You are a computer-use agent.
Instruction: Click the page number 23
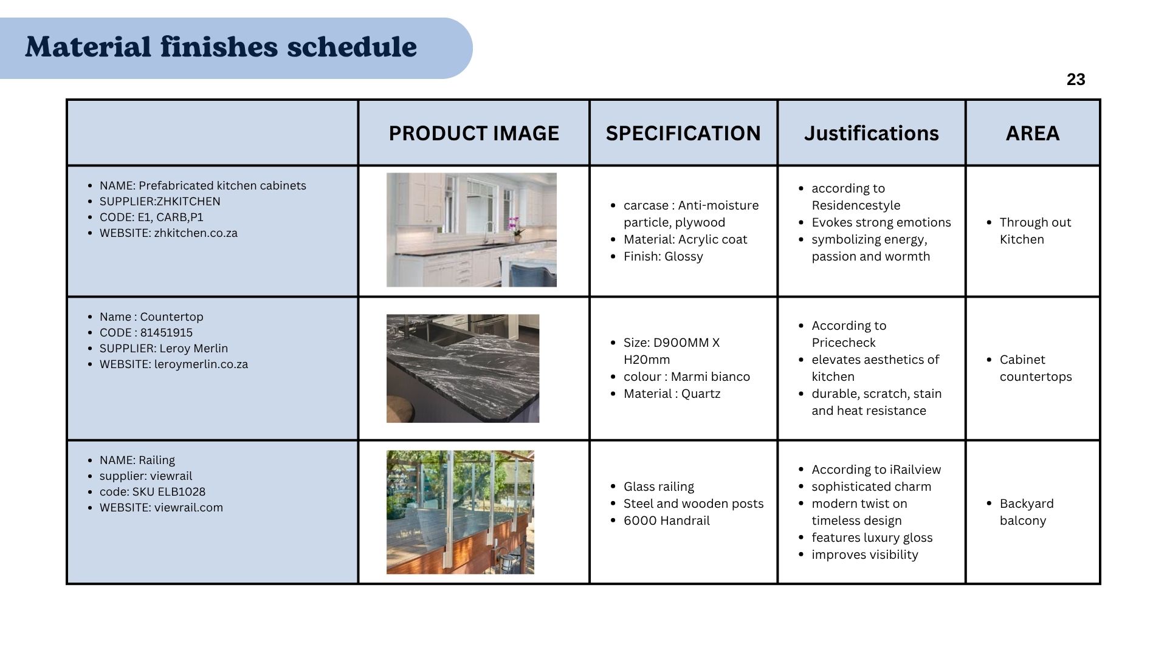click(1075, 80)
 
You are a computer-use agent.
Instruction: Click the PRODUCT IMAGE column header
click(474, 133)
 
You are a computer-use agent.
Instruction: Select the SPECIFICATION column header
click(683, 133)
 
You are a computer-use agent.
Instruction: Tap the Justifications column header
click(871, 133)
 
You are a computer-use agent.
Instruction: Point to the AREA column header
click(1033, 133)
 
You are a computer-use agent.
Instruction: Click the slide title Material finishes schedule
click(221, 47)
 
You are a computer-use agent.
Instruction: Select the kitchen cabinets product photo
click(472, 230)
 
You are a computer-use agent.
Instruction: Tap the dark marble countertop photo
click(463, 368)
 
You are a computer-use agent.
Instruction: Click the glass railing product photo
click(460, 512)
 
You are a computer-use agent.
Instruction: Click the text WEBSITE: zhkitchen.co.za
click(168, 233)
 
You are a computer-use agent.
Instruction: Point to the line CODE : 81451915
click(146, 333)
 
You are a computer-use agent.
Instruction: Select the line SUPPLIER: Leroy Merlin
click(164, 349)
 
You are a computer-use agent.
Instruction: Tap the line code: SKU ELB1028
click(153, 492)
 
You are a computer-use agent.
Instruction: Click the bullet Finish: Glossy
click(663, 256)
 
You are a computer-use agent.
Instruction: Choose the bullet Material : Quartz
click(672, 394)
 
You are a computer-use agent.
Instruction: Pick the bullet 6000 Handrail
click(666, 521)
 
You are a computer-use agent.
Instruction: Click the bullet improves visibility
click(864, 555)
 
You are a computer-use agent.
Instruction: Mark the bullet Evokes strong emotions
click(881, 222)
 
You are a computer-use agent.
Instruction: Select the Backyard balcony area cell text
click(1027, 512)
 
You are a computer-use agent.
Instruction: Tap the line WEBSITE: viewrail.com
click(161, 508)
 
